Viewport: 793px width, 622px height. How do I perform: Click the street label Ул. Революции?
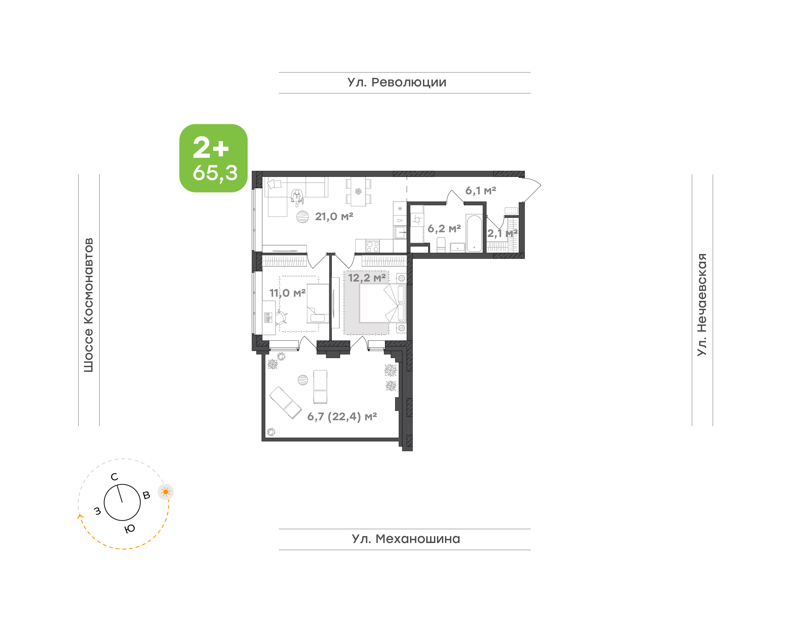[x=397, y=83]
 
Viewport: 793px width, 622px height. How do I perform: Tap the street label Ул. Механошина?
[x=406, y=539]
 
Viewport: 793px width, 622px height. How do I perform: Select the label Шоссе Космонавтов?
[x=88, y=305]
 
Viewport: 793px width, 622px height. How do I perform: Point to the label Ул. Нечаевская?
[x=702, y=305]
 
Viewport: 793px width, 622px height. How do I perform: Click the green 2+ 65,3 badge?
[x=213, y=158]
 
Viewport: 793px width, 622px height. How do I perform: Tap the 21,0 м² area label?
[x=334, y=217]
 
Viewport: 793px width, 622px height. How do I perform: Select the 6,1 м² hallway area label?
[x=480, y=190]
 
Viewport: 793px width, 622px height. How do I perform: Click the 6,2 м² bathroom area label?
[x=444, y=229]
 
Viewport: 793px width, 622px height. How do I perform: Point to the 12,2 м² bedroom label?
[x=367, y=278]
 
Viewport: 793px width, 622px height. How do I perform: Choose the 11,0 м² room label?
[x=287, y=293]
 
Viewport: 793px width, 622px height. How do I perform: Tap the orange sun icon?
[x=166, y=492]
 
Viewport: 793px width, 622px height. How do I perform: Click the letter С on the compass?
[x=114, y=477]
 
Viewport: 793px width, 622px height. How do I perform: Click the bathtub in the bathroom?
[x=474, y=233]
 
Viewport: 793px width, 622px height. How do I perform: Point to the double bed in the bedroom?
[x=382, y=303]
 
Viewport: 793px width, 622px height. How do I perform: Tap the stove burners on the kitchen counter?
[x=372, y=247]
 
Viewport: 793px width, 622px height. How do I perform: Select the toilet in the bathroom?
[x=441, y=245]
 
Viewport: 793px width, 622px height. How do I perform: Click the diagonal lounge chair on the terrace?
[x=285, y=402]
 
